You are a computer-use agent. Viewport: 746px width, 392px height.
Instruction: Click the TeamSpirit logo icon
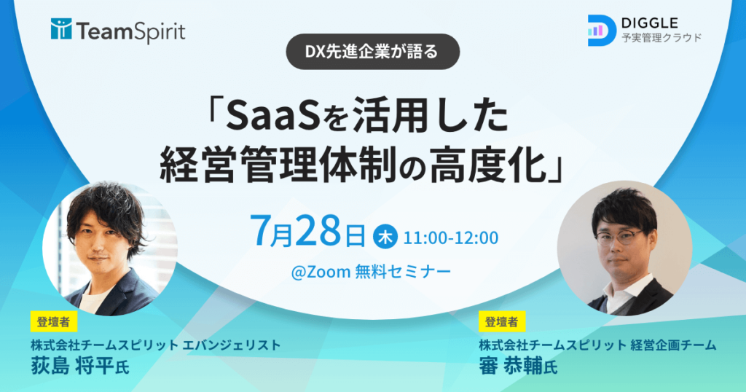pyautogui.click(x=61, y=29)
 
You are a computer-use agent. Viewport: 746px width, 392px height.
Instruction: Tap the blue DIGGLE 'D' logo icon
pyautogui.click(x=602, y=31)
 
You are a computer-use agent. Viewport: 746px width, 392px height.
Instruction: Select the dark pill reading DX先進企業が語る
pyautogui.click(x=372, y=52)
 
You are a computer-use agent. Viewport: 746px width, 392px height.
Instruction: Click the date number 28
pyautogui.click(x=318, y=231)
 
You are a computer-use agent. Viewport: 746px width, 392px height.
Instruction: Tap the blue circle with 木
pyautogui.click(x=385, y=237)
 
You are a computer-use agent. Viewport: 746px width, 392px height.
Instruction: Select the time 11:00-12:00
pyautogui.click(x=450, y=238)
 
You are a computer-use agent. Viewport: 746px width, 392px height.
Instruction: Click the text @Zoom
pyautogui.click(x=321, y=272)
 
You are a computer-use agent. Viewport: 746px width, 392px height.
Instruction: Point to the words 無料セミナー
pyautogui.click(x=403, y=272)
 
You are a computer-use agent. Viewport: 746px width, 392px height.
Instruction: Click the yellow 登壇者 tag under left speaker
pyautogui.click(x=54, y=321)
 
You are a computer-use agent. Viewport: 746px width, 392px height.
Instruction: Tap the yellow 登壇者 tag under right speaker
pyautogui.click(x=502, y=321)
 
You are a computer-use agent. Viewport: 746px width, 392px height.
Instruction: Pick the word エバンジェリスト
pyautogui.click(x=232, y=345)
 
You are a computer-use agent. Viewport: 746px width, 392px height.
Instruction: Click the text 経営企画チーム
pyautogui.click(x=673, y=345)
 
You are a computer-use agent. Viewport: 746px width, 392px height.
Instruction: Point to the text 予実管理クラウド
pyautogui.click(x=661, y=38)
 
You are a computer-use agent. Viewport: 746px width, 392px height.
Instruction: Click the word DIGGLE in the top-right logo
pyautogui.click(x=649, y=23)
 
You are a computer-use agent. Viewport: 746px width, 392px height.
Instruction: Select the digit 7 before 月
pyautogui.click(x=260, y=231)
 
